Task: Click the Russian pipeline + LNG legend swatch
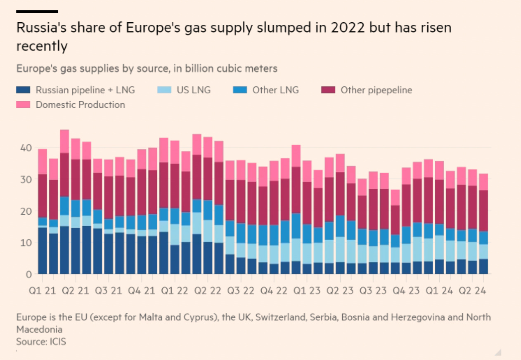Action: click(x=23, y=90)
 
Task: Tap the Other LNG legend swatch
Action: click(x=240, y=90)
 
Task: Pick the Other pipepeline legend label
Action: click(x=376, y=90)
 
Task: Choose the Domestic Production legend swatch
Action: click(x=23, y=105)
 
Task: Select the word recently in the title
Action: click(x=42, y=46)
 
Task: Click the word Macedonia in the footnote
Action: click(x=39, y=329)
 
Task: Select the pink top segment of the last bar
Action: click(x=483, y=182)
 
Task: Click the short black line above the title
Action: click(x=37, y=12)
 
